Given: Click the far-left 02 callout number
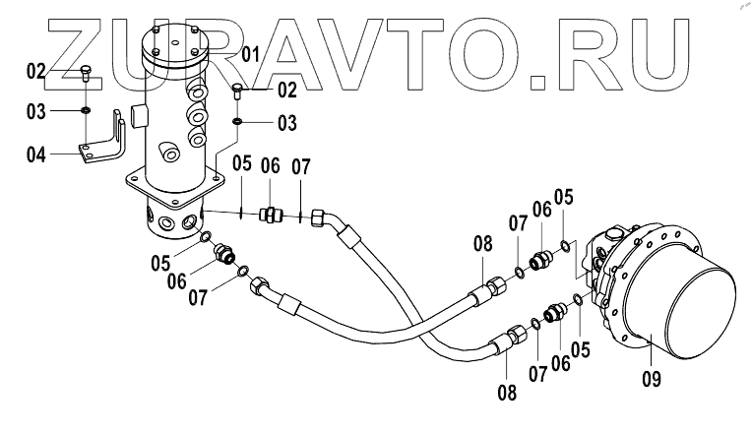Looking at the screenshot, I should pyautogui.click(x=36, y=71).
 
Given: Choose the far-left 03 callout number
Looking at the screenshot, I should pyautogui.click(x=36, y=111).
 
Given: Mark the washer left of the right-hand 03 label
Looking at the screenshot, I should pyautogui.click(x=238, y=122).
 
